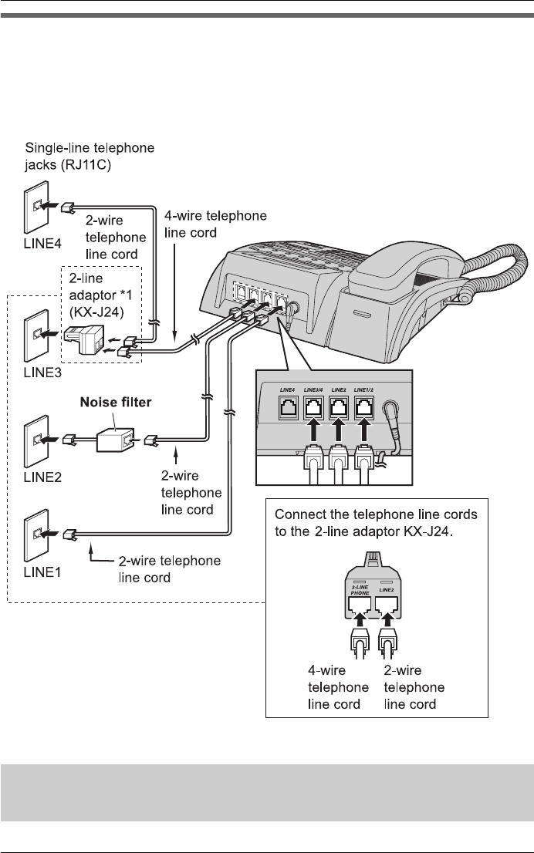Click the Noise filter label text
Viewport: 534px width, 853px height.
[x=114, y=403]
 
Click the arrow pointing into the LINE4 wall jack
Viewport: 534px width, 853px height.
[x=52, y=207]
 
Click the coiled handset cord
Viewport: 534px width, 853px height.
[x=494, y=278]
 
